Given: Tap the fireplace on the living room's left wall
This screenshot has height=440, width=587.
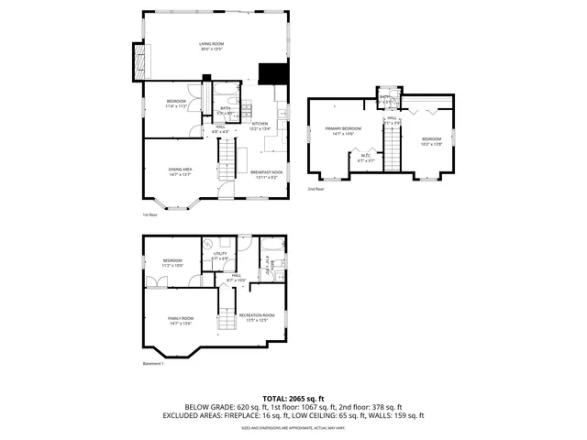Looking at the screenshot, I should click(138, 62).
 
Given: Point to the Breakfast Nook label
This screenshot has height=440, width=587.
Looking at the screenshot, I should click(264, 172).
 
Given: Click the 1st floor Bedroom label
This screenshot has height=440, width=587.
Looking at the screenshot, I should click(176, 103).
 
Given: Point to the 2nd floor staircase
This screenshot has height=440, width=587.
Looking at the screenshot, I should click(393, 147).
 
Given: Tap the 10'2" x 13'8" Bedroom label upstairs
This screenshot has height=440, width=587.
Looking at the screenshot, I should click(431, 141).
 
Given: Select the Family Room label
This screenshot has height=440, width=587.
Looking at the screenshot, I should click(180, 321).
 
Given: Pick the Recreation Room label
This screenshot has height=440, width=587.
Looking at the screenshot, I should click(257, 317).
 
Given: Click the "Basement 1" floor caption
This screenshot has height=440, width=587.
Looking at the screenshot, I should click(153, 364).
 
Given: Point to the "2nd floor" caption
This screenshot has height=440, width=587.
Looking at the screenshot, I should click(316, 189).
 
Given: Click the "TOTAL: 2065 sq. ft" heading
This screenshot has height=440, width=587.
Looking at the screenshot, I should click(293, 398).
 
